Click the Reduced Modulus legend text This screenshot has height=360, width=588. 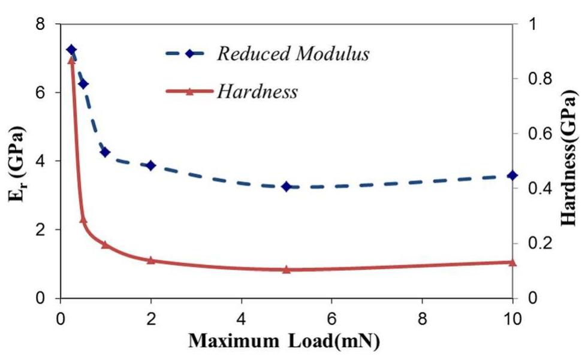point(293,54)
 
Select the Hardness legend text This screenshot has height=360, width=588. point(257,91)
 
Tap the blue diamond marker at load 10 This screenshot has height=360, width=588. point(512,175)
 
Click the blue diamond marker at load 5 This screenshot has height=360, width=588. point(287,186)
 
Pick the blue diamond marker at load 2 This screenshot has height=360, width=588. point(151,165)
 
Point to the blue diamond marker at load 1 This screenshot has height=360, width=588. point(105,152)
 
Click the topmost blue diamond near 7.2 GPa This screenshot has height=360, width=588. point(71,50)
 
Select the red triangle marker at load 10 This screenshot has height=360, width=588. point(512,262)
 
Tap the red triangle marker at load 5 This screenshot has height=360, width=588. point(287,270)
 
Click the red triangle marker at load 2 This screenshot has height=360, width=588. point(151,260)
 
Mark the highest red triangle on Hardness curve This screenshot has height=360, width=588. point(71,59)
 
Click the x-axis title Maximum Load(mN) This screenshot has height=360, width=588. point(284,341)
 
